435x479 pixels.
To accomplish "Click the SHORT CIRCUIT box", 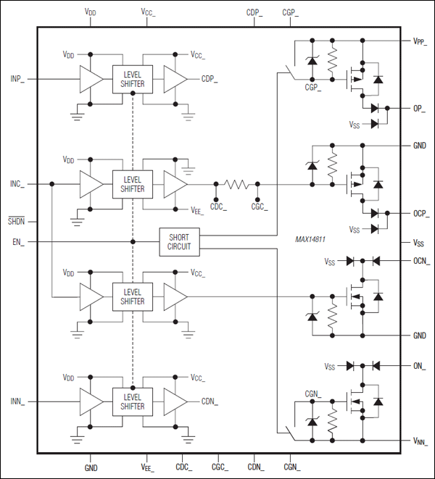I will coord(179,241).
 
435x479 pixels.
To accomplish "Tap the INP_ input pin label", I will coord(17,78).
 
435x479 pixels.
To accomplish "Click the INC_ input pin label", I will coord(17,185).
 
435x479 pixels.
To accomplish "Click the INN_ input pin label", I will coord(17,401).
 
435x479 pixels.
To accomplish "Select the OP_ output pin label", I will coord(418,109).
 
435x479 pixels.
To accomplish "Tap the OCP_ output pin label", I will coord(420,213).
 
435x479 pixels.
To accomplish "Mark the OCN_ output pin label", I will coord(420,261).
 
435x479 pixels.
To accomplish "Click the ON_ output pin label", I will coord(419,366).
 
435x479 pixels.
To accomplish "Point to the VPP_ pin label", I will coord(420,41).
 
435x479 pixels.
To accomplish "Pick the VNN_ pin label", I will coord(420,441).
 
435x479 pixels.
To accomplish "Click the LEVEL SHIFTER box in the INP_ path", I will coord(133,78).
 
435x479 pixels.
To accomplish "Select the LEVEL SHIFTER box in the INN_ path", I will coord(133,401).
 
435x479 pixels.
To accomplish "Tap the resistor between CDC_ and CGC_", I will coord(236,185).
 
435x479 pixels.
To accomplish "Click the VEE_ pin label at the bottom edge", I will coord(148,468).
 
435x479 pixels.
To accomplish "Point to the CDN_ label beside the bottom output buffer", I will coord(211,401).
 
